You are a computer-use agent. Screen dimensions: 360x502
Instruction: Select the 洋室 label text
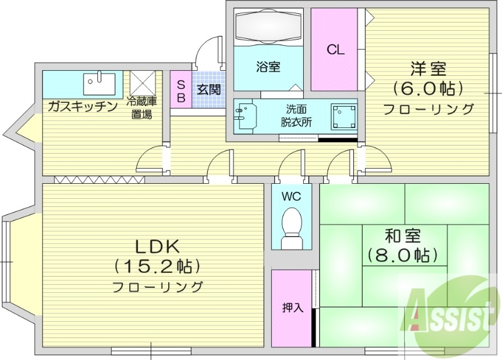tap(428, 68)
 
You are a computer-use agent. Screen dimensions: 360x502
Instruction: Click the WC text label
tap(291, 196)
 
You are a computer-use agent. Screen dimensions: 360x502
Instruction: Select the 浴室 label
tap(268, 66)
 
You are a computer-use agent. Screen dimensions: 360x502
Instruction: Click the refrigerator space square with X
tap(142, 83)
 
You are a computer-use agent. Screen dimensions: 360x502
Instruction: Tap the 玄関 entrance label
tap(209, 90)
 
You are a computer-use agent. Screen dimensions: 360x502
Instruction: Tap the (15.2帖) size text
tap(157, 267)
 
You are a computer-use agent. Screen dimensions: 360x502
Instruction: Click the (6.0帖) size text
tap(428, 87)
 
